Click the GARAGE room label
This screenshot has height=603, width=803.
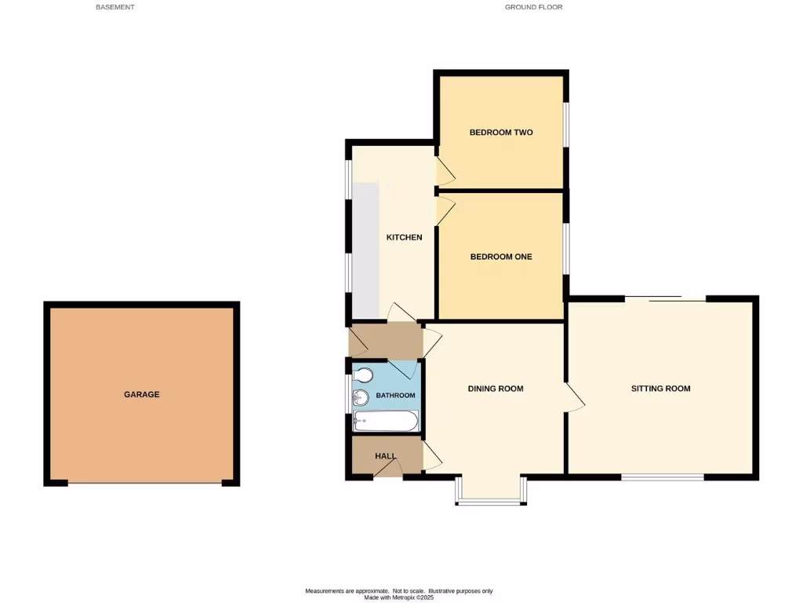141,394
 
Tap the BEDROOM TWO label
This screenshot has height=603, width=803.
501,133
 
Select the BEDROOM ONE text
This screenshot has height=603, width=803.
501,257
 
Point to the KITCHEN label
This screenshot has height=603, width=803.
405,237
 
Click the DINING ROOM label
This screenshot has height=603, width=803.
496,389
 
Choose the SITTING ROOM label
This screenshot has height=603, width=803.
661,389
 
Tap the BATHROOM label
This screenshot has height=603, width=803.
395,396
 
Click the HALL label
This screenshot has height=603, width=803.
385,456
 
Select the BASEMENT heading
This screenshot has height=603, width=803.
115,7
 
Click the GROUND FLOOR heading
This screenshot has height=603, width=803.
533,7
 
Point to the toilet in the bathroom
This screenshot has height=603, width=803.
363,375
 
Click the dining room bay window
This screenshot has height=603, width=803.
492,501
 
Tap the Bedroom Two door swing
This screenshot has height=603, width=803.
445,168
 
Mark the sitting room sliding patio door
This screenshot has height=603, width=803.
666,298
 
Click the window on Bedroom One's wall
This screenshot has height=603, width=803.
566,248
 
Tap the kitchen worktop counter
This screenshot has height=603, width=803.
366,247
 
